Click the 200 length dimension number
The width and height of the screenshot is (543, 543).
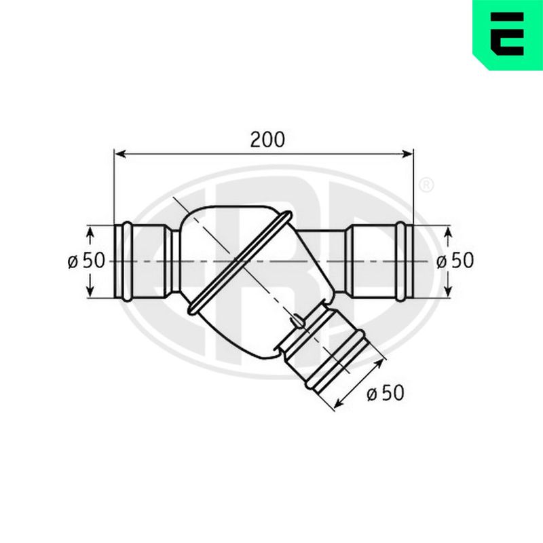pos(267,140)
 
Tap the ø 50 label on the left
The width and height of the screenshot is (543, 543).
pos(86,261)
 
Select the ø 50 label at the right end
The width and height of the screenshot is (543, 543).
pos(455,261)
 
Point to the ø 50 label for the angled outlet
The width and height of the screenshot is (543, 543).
pos(386,393)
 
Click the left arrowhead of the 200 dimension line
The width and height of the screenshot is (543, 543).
pos(120,154)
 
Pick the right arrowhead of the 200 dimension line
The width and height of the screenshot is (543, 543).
pos(407,154)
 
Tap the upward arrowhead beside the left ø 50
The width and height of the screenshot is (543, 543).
pos(90,231)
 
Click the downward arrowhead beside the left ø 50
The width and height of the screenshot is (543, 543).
pos(90,291)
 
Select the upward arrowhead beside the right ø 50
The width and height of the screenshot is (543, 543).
pos(449,231)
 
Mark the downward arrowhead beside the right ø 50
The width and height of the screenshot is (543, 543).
pos(449,291)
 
